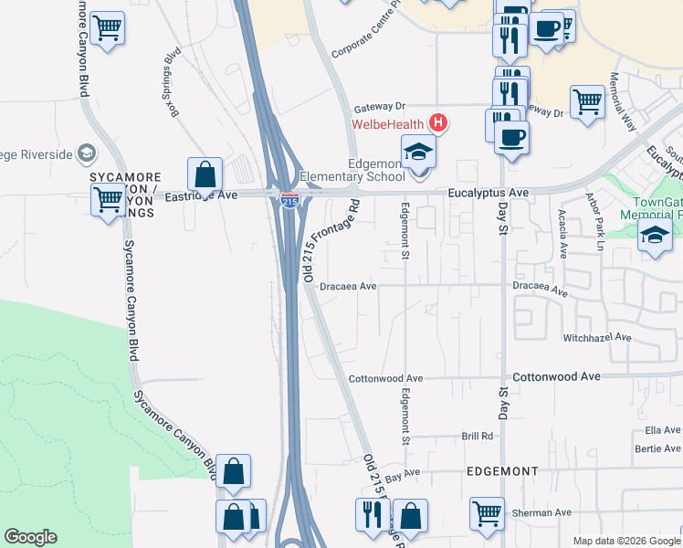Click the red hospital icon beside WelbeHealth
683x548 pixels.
tap(439, 121)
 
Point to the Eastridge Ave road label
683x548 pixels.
tap(201, 195)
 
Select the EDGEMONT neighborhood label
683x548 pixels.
tap(502, 470)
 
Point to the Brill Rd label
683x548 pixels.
tap(477, 437)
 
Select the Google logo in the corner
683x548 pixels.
tap(30, 537)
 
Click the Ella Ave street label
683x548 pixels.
tap(662, 429)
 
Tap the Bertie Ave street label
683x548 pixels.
tap(660, 448)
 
